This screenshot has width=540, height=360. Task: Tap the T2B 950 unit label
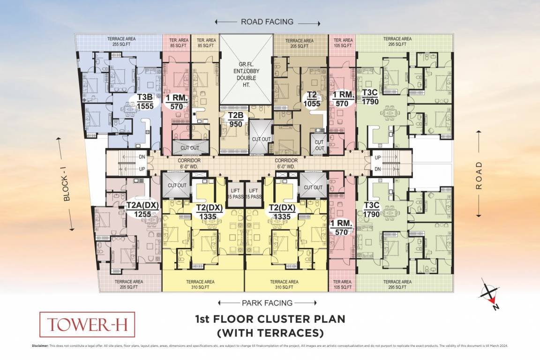235,120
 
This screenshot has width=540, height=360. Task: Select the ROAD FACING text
267,22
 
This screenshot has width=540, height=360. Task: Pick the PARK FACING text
267,303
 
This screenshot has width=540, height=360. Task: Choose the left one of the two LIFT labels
235,193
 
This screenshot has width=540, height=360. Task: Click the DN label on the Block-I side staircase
142,158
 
